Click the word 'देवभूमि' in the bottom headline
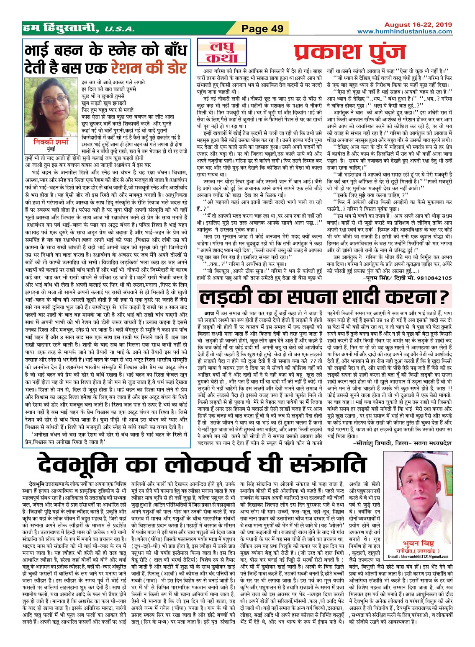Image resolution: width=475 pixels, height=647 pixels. click(95, 464)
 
